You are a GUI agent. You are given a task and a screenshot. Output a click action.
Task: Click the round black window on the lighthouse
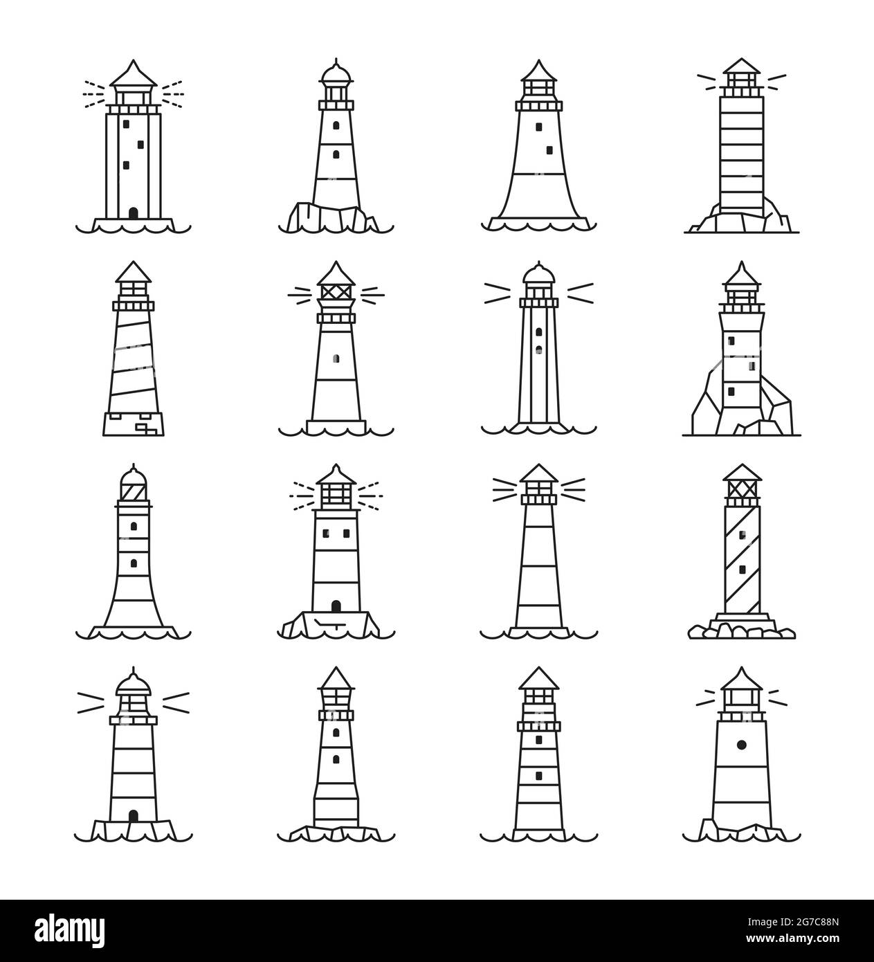pos(741,745)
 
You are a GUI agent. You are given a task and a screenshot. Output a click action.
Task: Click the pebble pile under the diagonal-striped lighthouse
pos(741,628)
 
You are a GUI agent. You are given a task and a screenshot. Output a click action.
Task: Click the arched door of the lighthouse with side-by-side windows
pos(336,606)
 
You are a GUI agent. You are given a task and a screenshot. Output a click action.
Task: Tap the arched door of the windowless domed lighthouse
pos(134,816)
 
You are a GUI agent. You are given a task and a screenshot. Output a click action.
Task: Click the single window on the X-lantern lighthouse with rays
pos(336,358)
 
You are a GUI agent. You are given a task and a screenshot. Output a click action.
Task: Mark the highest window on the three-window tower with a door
pos(125,124)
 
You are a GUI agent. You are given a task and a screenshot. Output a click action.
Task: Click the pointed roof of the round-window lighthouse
pos(741,678)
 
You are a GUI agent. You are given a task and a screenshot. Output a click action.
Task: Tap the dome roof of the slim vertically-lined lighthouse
pos(538,274)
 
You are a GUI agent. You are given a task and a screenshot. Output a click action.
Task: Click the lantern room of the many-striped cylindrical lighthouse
pos(741,84)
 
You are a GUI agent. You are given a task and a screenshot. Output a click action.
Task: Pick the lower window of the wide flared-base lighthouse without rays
pos(550,149)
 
